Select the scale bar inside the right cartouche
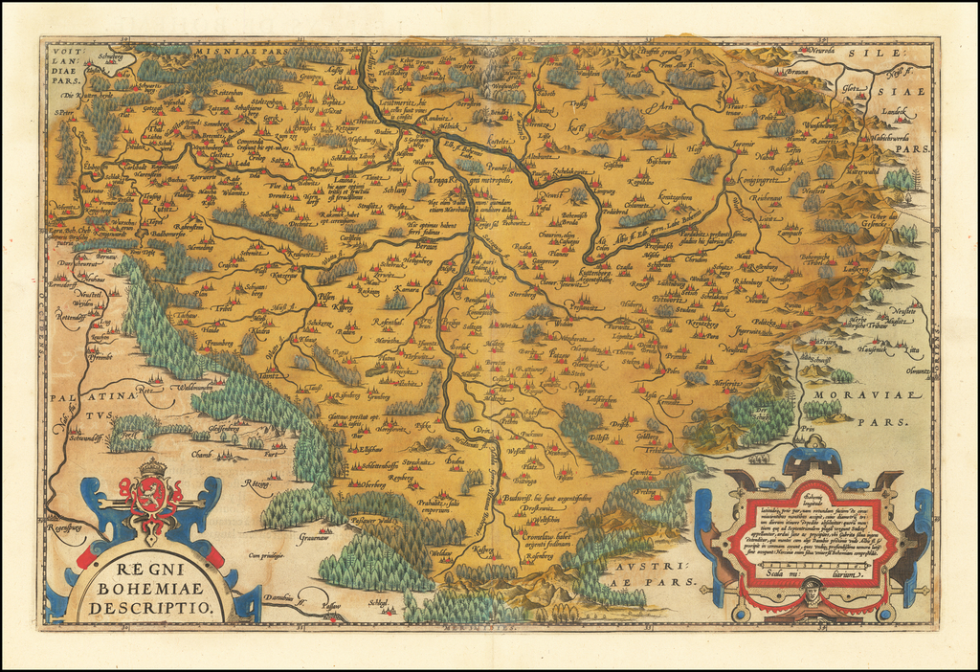click(813, 565)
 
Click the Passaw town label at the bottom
click(331, 607)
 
